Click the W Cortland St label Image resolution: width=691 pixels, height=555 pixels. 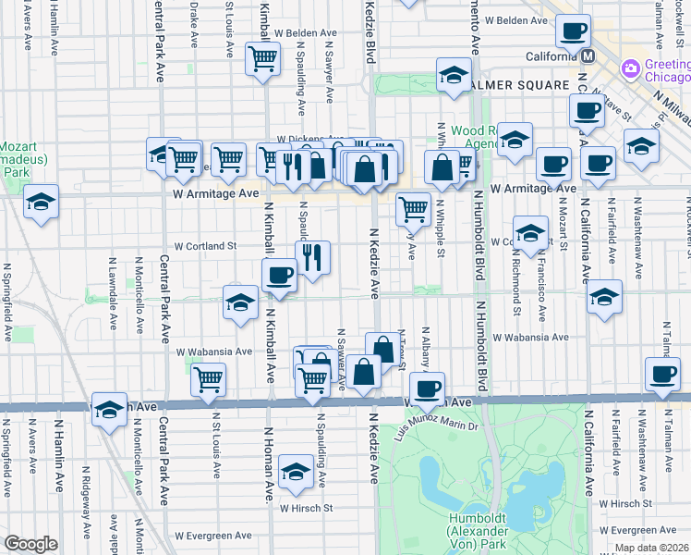pos(207,246)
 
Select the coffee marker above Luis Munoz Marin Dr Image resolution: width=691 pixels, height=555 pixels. pos(427,388)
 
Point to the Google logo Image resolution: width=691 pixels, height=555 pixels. pos(30,544)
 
